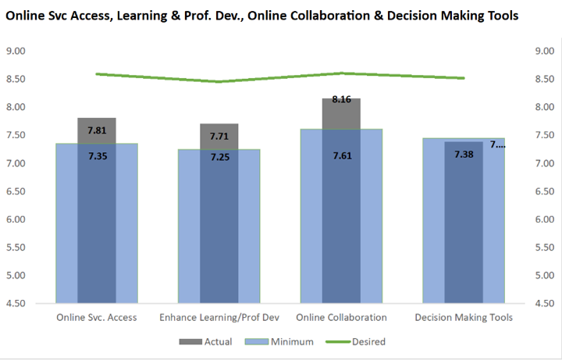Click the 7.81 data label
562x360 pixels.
click(97, 130)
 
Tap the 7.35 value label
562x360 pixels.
click(97, 156)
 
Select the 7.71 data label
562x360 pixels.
click(219, 137)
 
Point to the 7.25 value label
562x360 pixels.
click(219, 158)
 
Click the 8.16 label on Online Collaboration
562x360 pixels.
click(341, 100)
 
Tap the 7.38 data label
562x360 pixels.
click(464, 155)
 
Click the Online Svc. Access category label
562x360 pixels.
click(97, 317)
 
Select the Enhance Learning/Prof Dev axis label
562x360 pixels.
click(219, 317)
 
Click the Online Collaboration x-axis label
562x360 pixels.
click(341, 317)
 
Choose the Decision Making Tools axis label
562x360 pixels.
click(463, 317)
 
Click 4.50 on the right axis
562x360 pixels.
click(542, 304)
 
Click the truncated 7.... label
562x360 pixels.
click(497, 144)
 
